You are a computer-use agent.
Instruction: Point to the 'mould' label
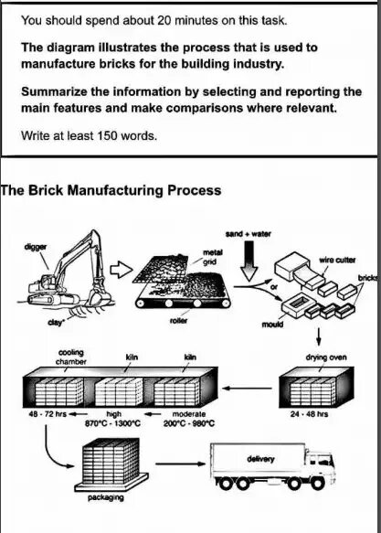coord(272,324)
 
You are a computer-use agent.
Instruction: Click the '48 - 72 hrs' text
coord(48,414)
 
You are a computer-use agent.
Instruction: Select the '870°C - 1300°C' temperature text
coord(112,423)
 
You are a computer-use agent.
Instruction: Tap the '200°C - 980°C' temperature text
coord(189,423)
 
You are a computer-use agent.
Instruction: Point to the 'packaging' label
coord(106,498)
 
